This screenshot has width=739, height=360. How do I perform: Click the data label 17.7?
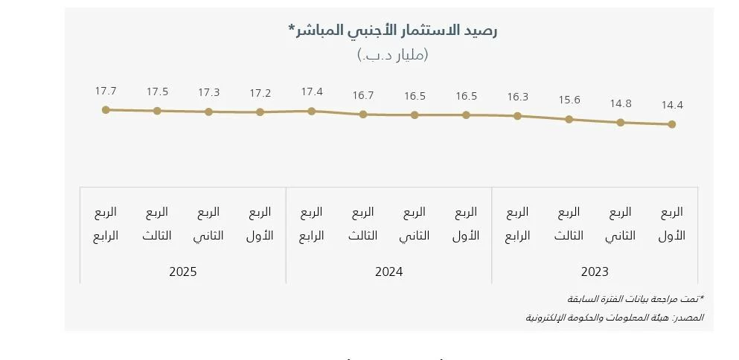point(106,91)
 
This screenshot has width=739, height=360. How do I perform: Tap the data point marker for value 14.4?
point(672,124)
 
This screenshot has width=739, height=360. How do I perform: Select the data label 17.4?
point(312,92)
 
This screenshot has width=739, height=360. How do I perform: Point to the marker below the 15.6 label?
point(569,119)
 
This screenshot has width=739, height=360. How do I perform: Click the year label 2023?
point(595,272)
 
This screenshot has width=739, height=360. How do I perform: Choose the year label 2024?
point(388,272)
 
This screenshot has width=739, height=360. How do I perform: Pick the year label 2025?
point(183,272)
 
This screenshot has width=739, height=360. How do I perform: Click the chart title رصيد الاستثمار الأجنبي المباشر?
point(392,30)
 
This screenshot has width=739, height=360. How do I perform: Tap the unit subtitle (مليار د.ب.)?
point(392,54)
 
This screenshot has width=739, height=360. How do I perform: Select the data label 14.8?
point(621,103)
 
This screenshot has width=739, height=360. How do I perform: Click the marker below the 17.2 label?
point(260,112)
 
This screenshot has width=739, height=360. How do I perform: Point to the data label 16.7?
point(363,96)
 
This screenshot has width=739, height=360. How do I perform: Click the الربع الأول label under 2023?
point(672,224)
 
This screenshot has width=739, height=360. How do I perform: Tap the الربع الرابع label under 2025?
point(106,224)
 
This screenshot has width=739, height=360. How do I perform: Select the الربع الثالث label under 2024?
point(363,224)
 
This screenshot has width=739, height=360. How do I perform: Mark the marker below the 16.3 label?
point(518,116)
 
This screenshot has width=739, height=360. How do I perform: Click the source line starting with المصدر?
point(615,318)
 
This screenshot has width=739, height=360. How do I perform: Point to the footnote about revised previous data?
point(635,299)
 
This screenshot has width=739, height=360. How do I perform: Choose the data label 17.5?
point(157,92)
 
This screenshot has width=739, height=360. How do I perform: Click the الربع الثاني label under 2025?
point(208,224)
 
